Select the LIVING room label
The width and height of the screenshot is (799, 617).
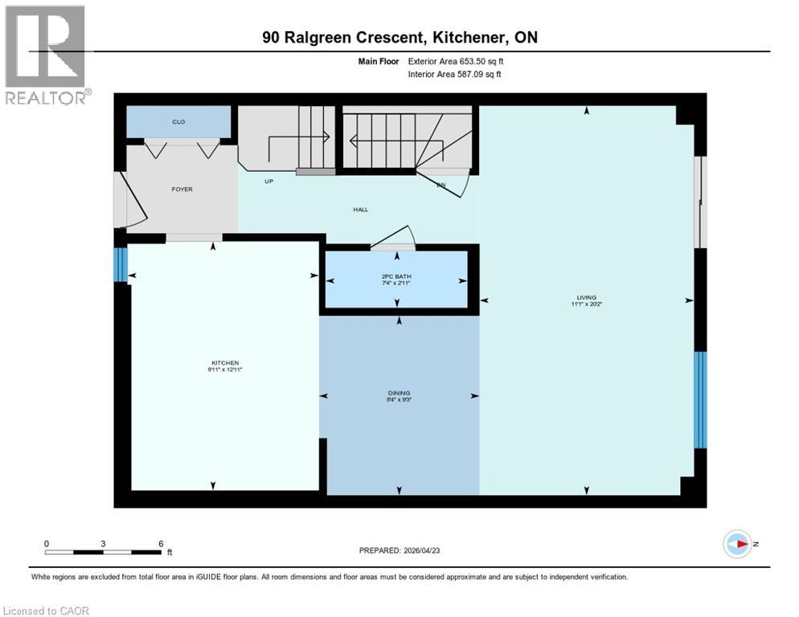point(586,297)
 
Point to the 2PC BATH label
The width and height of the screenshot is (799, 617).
point(396,277)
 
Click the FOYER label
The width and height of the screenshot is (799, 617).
point(182,190)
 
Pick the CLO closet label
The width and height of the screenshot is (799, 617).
point(178,122)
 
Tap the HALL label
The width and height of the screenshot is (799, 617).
point(360,210)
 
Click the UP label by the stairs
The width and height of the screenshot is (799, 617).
point(269,182)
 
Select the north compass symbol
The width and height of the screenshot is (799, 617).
point(737,544)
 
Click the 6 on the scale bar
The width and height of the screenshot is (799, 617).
point(161,543)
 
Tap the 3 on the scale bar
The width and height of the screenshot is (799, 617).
point(104,543)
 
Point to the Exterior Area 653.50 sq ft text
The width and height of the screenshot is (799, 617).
point(456,61)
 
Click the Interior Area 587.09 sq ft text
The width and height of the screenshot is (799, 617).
point(456,75)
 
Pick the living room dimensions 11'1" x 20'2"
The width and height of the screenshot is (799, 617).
point(586,304)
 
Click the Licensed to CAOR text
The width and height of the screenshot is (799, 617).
point(47,611)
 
